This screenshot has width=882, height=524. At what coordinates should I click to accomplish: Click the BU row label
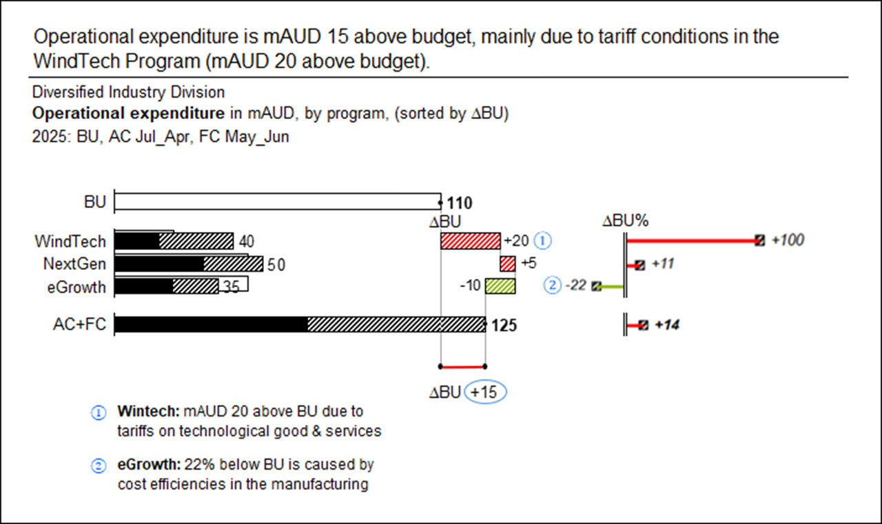(x=95, y=202)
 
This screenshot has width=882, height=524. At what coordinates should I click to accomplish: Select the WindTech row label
(x=71, y=242)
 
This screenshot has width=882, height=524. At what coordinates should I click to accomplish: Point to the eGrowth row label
(x=76, y=286)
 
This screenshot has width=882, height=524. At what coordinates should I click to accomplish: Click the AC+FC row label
(x=80, y=324)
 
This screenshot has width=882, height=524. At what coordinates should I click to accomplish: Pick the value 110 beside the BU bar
(x=459, y=203)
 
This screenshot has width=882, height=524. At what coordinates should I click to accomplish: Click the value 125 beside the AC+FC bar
(x=504, y=325)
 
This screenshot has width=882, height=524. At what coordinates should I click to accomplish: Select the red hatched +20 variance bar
(x=470, y=241)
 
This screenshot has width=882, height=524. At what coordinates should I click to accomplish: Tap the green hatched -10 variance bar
(x=500, y=286)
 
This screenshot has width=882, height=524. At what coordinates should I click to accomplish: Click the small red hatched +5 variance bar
(x=508, y=264)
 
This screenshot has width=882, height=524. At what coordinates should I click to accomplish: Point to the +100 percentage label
(x=788, y=240)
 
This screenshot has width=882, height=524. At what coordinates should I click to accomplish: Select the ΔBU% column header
(x=626, y=221)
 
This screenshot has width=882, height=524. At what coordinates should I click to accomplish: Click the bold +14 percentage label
(x=666, y=325)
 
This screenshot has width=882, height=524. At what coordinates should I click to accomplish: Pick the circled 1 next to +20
(x=544, y=241)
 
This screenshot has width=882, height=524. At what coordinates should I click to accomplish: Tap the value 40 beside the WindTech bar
(x=247, y=242)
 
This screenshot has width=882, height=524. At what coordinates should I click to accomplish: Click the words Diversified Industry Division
(x=128, y=92)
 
